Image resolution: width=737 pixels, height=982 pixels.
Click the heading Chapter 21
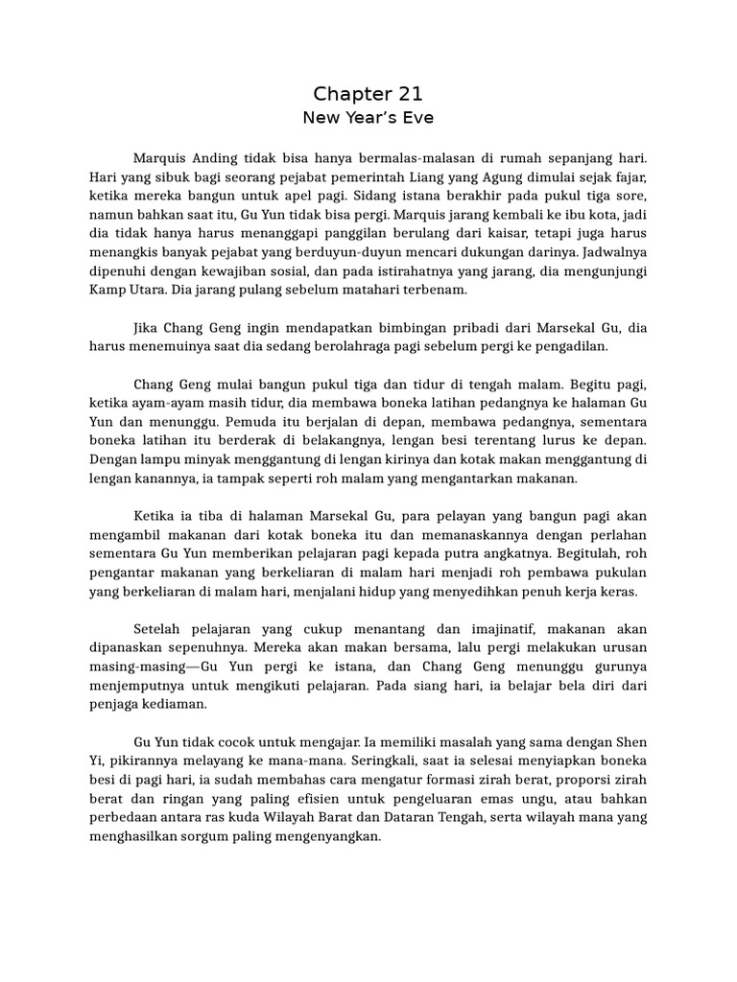368,94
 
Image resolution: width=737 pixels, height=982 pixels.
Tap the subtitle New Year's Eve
368,119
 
